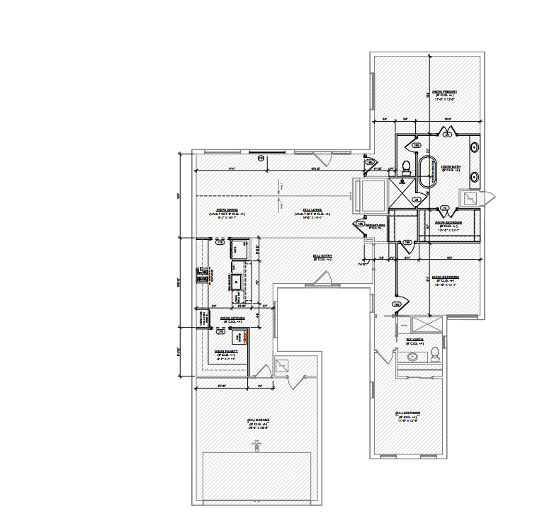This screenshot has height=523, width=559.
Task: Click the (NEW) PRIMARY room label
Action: coord(445,92)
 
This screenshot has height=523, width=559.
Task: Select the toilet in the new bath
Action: coord(407,168)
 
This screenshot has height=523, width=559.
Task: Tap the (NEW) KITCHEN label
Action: coord(232,318)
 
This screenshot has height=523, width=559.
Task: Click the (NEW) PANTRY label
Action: coord(226,350)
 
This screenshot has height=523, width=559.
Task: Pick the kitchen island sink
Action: coord(235,280)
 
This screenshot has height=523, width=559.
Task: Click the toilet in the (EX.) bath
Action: coord(436,353)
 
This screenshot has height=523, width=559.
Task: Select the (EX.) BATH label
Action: coord(414,339)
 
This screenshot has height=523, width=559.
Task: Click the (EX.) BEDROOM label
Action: coord(408,413)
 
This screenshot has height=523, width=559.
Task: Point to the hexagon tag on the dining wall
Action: coord(261,158)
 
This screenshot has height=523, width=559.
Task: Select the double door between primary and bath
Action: coord(448,132)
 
